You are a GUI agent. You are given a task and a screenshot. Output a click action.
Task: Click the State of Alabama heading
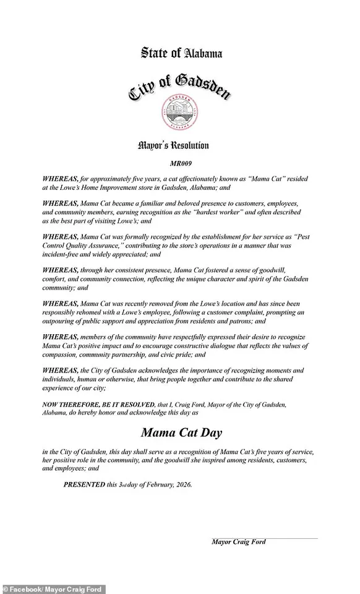(x=181, y=54)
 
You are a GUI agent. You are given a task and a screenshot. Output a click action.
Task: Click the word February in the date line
(x=154, y=484)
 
